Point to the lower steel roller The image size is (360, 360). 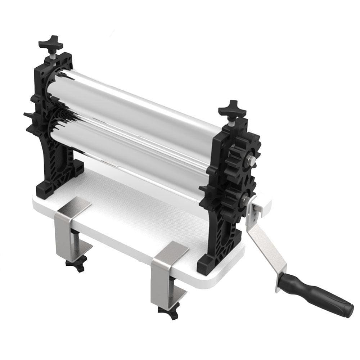[137, 151]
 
